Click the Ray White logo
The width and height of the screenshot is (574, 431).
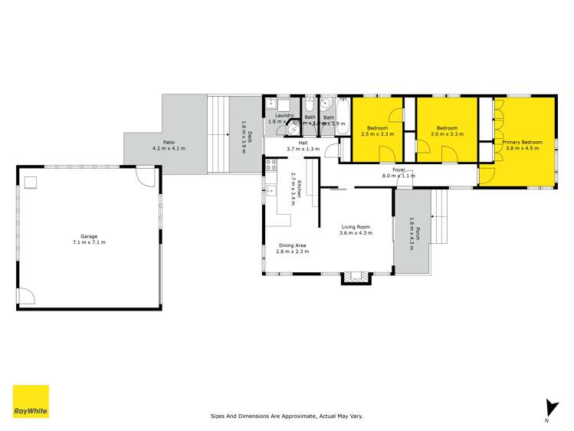[x=31, y=401]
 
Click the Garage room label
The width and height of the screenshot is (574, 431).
[x=88, y=236]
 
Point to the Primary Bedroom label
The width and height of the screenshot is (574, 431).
[x=523, y=143]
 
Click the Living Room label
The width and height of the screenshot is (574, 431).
[x=356, y=226]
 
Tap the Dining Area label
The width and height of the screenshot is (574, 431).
[x=294, y=245]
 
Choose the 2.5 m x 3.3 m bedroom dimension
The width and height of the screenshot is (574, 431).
[x=377, y=134]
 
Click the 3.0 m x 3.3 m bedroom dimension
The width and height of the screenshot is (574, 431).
[x=447, y=134]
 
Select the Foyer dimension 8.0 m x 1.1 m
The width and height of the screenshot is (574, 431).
[x=399, y=176]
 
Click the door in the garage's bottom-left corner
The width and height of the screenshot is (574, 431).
[x=25, y=297]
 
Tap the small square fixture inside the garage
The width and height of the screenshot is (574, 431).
[x=31, y=182]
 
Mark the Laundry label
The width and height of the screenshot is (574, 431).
[x=274, y=116]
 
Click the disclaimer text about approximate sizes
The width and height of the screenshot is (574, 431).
[x=287, y=416]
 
